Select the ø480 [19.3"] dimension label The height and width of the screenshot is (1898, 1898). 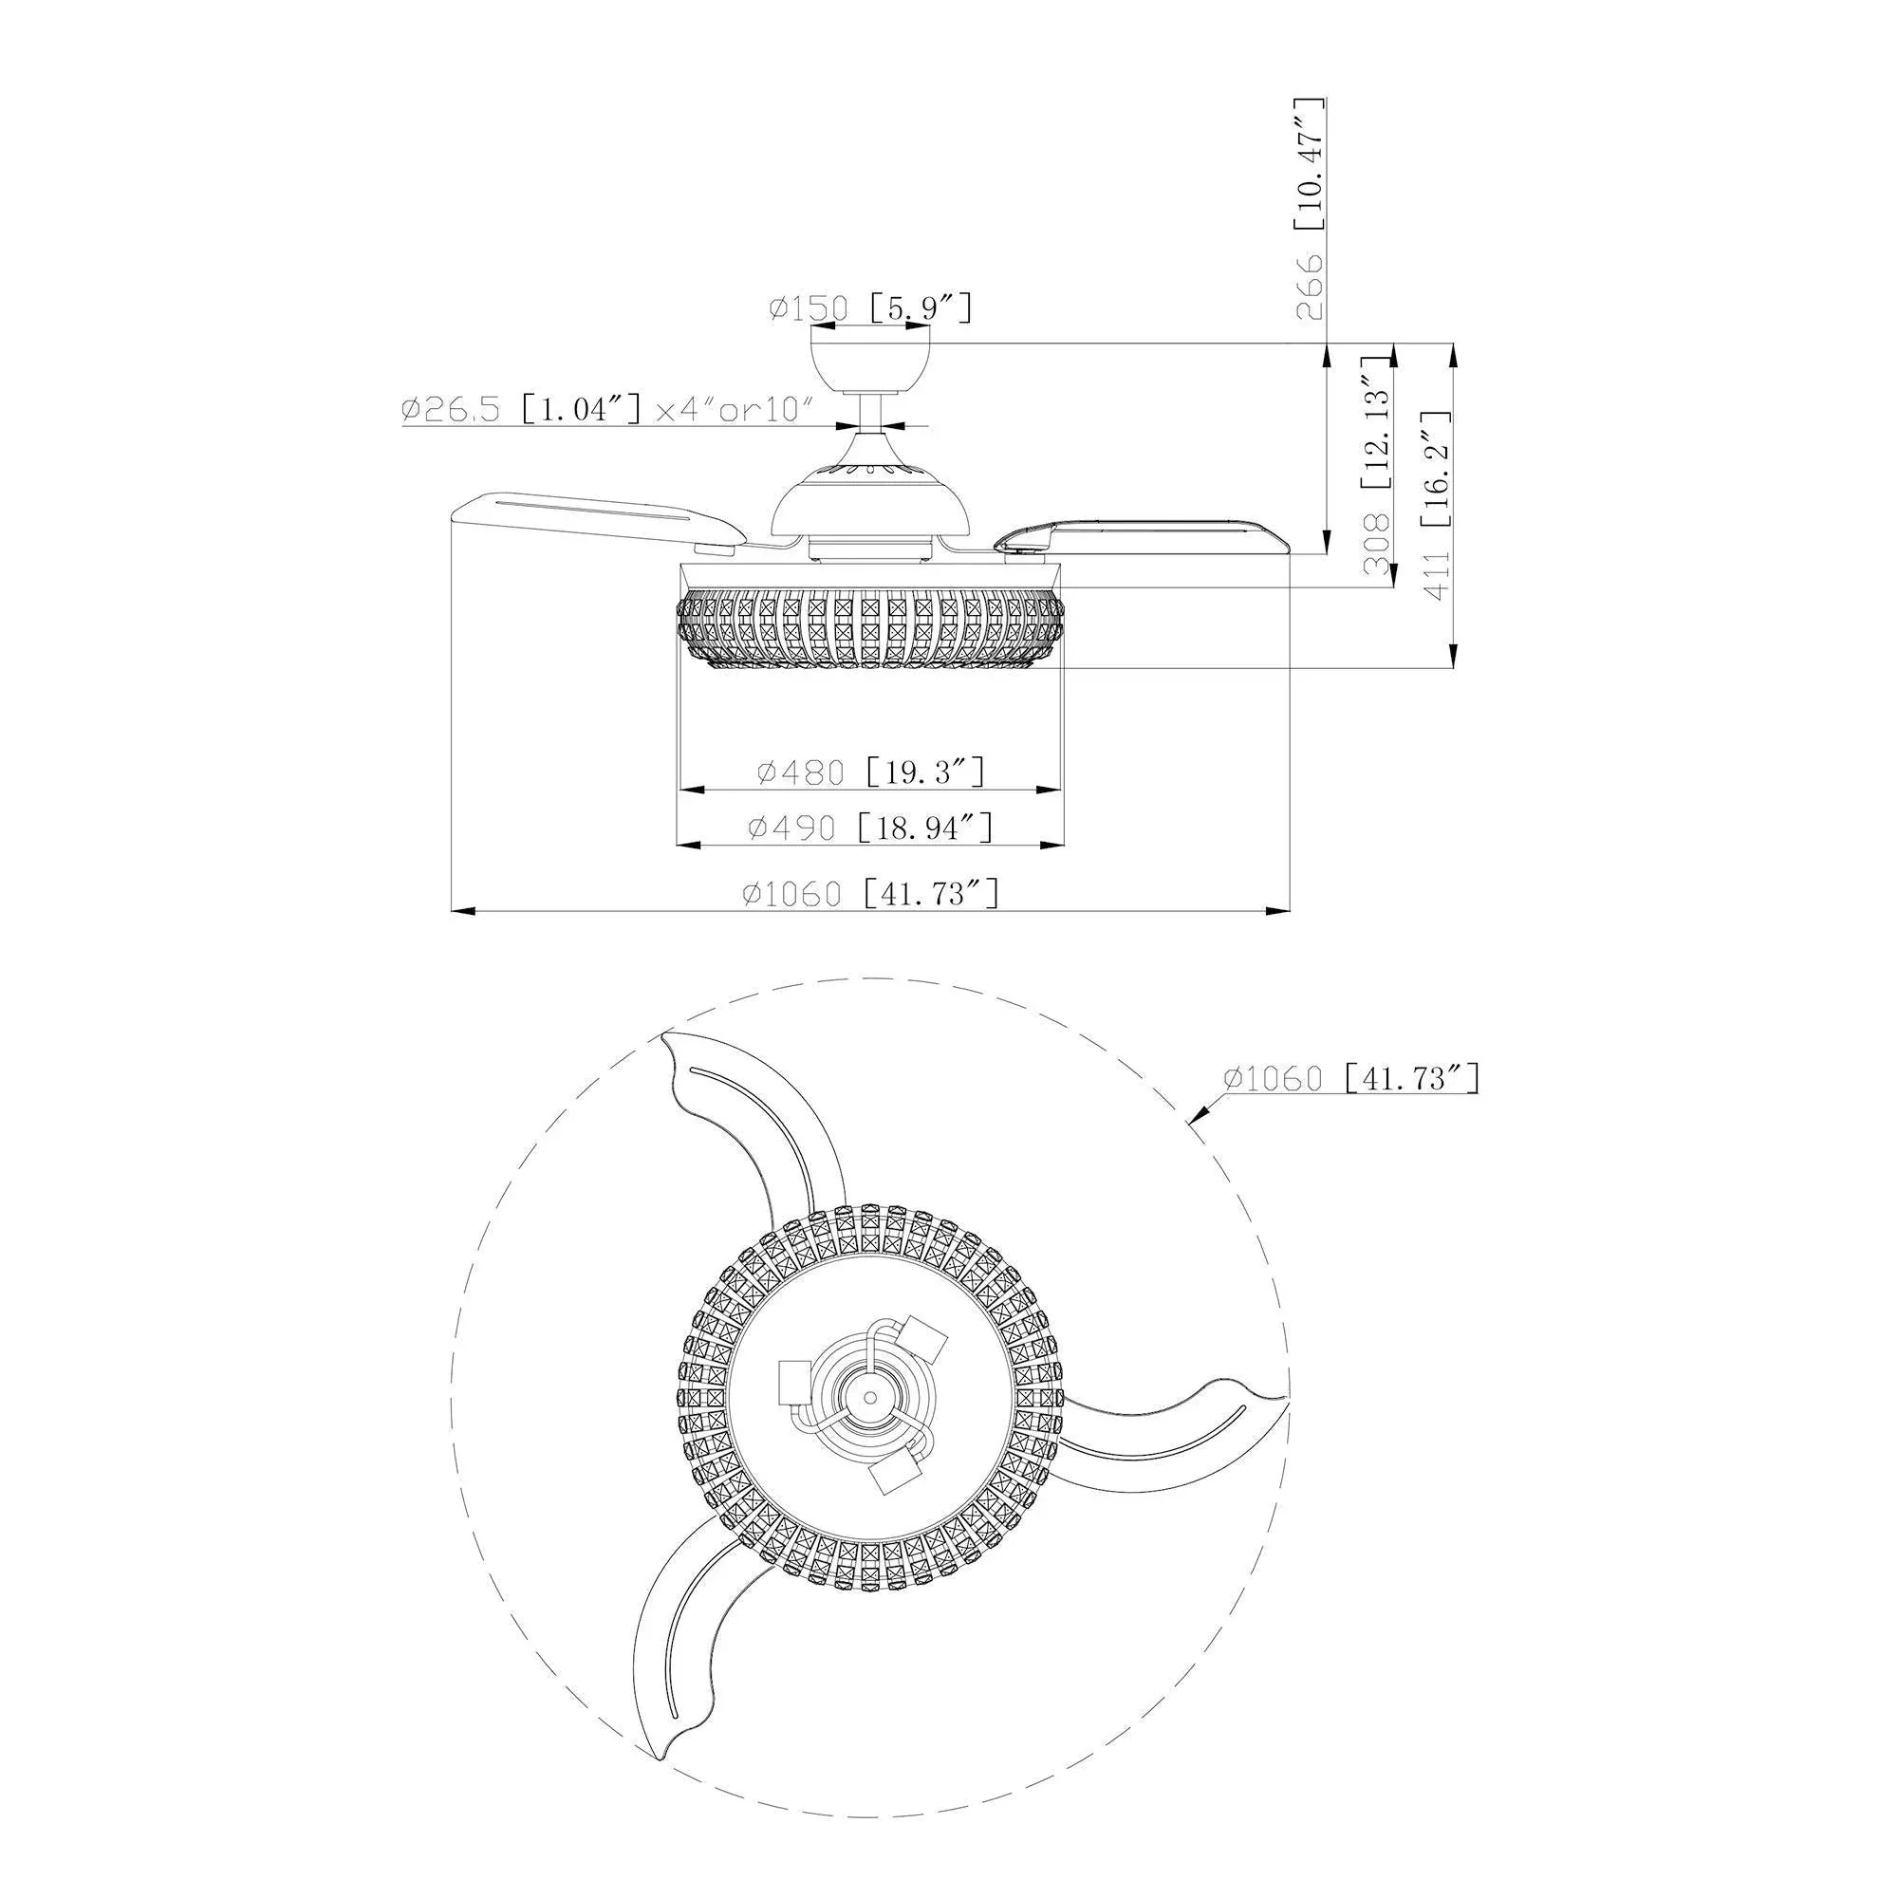coord(870,772)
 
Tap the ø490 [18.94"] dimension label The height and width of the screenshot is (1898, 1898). coord(870,828)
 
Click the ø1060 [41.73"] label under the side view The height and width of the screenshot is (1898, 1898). coord(870,893)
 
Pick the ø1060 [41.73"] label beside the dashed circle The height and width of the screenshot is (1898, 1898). coord(1350,1079)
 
